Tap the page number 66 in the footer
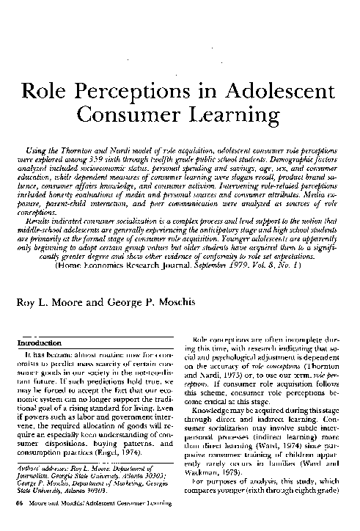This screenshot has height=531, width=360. [x=21, y=505]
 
